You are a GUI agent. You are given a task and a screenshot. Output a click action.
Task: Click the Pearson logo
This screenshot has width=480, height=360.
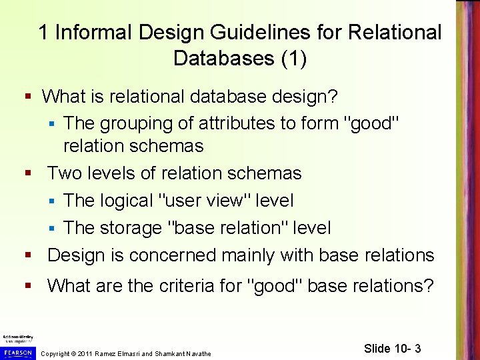point(17,351)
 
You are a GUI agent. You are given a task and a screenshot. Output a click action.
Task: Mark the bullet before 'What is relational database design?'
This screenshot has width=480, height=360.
point(29,96)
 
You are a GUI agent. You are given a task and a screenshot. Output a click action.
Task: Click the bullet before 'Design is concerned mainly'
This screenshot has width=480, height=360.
point(29,255)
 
